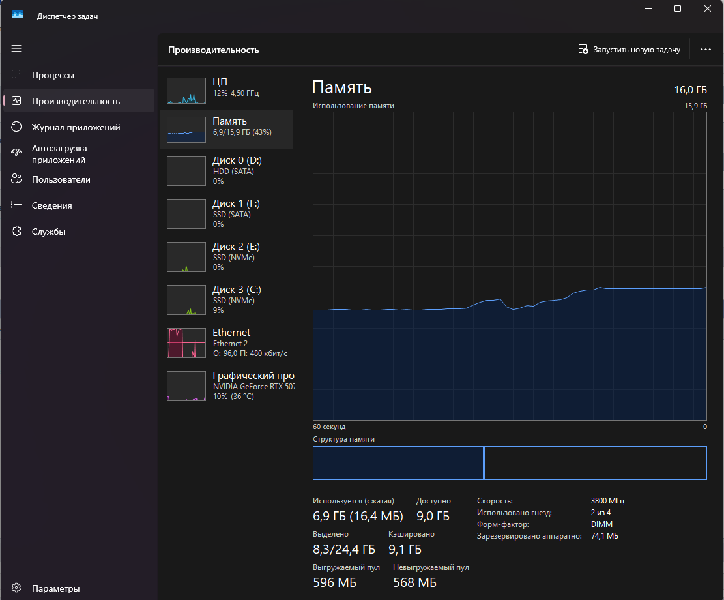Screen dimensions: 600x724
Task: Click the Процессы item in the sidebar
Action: point(53,75)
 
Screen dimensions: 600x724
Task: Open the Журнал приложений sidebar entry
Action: point(76,127)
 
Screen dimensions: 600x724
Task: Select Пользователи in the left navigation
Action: point(61,179)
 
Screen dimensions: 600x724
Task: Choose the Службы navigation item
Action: point(48,232)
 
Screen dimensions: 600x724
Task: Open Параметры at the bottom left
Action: point(55,588)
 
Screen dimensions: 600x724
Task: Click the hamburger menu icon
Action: point(16,48)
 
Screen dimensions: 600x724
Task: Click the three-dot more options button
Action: point(705,50)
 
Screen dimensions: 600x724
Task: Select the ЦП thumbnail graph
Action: point(186,91)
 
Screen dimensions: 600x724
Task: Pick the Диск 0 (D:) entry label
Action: point(237,160)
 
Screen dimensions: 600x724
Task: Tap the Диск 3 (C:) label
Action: point(237,290)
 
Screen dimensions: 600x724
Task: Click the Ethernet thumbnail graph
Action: point(186,342)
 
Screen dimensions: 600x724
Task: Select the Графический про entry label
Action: point(253,376)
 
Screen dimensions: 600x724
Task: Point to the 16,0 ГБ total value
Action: point(691,90)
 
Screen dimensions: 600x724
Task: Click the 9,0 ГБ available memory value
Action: point(433,517)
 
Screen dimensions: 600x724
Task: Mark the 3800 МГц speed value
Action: point(607,501)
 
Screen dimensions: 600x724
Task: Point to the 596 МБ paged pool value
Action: point(334,582)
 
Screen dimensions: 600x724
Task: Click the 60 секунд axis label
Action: point(329,427)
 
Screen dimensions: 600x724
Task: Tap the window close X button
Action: point(708,9)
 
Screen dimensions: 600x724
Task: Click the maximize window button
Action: point(678,9)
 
